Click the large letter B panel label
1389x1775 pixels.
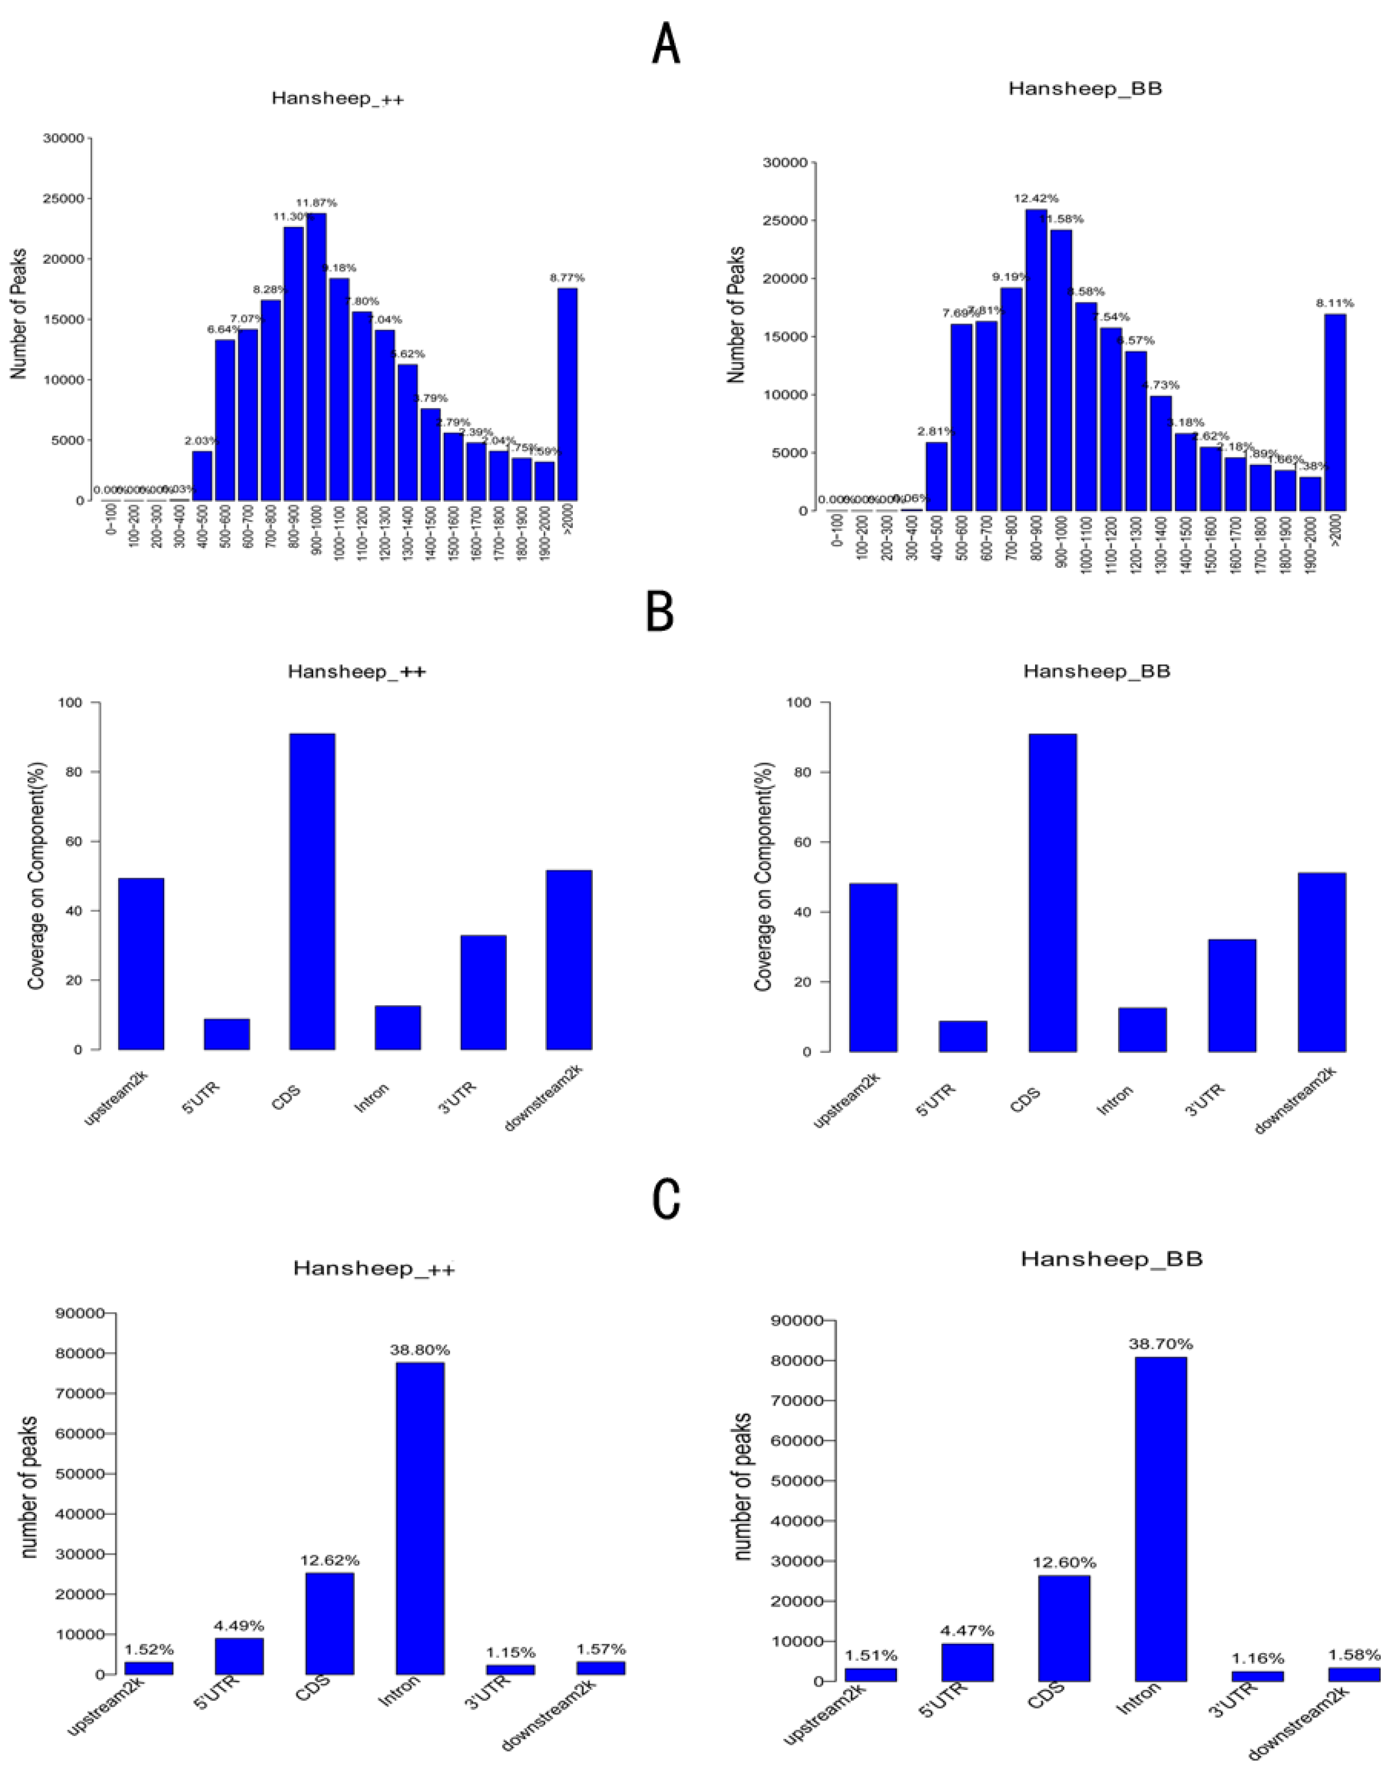click(x=660, y=613)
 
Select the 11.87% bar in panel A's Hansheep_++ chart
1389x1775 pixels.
click(x=316, y=358)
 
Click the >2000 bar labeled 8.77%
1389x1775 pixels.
click(x=567, y=394)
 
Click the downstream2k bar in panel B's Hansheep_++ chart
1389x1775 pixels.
click(x=568, y=960)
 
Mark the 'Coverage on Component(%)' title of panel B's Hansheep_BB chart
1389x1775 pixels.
click(x=763, y=877)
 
